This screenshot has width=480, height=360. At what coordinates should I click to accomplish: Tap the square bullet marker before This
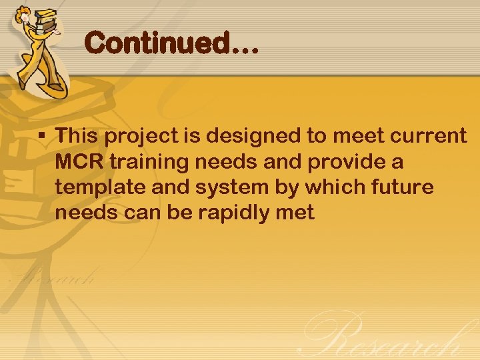(x=41, y=135)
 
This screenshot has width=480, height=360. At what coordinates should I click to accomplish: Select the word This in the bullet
(x=77, y=136)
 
